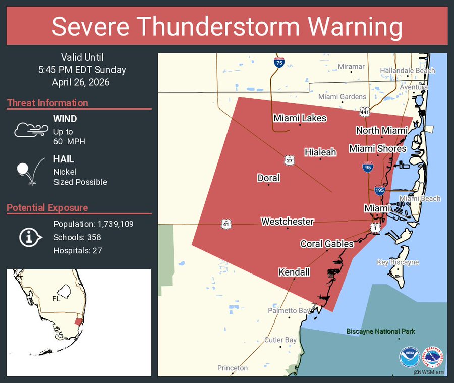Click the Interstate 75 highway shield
[x=279, y=63]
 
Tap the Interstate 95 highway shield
[x=368, y=167]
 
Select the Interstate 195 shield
[x=380, y=190]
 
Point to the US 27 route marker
[x=289, y=160]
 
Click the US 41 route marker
[x=225, y=223]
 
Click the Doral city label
[x=268, y=178]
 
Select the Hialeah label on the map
[x=320, y=152]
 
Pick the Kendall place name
[x=294, y=272]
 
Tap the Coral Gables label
[x=327, y=244]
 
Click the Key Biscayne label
[x=398, y=262]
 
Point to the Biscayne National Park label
[x=380, y=331]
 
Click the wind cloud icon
[x=31, y=130]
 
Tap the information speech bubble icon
[x=30, y=237]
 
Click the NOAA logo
[x=409, y=356]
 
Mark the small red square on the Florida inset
[x=78, y=321]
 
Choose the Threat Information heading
[x=47, y=103]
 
